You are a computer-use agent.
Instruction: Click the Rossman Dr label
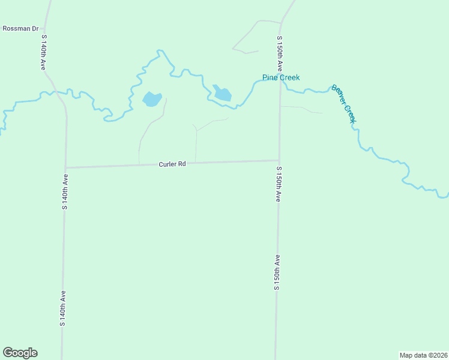[20, 28]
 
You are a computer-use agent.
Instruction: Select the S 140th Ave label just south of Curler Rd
[65, 191]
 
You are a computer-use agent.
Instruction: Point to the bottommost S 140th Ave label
[62, 308]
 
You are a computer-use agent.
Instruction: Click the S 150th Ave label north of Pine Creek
[279, 55]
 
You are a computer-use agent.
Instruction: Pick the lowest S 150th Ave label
[277, 272]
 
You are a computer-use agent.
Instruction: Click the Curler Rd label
[172, 164]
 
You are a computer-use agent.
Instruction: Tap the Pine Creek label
[281, 77]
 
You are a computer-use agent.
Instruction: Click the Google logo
[20, 353]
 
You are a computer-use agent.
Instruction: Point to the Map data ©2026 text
[423, 355]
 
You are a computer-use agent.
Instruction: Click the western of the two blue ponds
[151, 99]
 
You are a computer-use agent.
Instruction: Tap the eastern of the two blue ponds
[222, 94]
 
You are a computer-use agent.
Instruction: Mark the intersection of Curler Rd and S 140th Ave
[65, 167]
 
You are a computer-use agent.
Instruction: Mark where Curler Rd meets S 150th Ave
[279, 160]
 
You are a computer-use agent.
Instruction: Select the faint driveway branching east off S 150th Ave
[300, 108]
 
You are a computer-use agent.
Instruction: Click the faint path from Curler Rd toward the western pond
[144, 135]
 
